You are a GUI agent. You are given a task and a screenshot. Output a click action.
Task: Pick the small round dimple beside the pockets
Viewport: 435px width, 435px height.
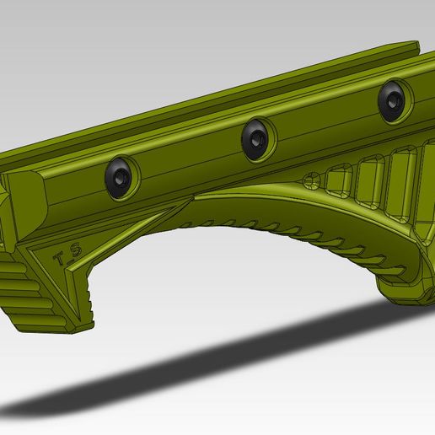[311, 179]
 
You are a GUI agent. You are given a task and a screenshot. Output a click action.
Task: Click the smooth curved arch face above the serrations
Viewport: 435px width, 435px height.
[253, 207]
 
